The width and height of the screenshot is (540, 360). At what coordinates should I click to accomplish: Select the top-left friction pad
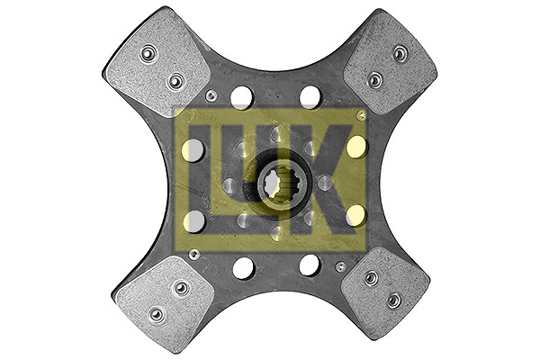tap(157, 59)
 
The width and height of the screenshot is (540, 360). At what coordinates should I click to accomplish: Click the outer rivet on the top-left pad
tap(148, 53)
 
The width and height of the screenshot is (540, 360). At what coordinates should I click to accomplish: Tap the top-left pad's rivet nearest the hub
tap(176, 81)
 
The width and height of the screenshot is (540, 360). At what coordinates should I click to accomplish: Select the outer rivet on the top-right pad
tap(400, 53)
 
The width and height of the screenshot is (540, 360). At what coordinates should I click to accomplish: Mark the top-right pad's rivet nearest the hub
tap(375, 80)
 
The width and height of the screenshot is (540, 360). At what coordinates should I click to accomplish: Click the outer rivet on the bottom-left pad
tap(156, 314)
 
